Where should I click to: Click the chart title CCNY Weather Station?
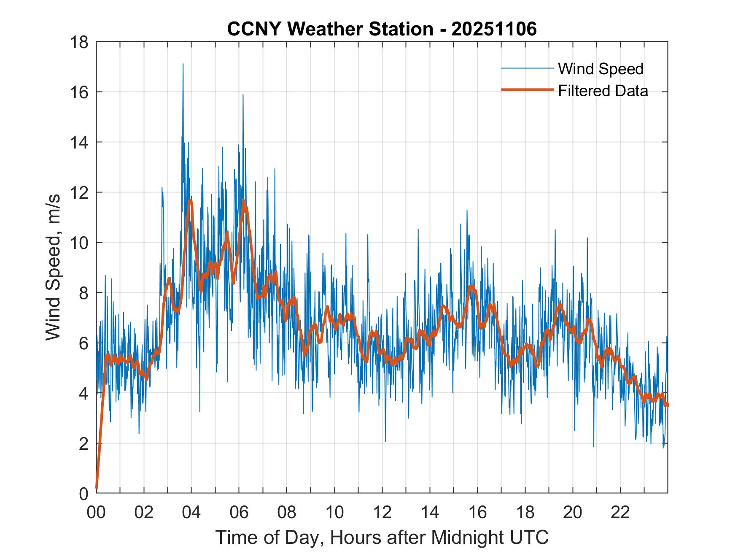tap(330, 29)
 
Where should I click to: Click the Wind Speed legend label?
tap(601, 69)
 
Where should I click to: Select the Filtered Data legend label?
tap(603, 91)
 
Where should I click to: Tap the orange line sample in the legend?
tap(527, 90)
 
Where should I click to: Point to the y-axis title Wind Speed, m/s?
tap(54, 268)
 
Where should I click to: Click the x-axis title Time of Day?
tap(382, 537)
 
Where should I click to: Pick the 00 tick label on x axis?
tap(96, 513)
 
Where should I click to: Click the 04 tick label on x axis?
tap(191, 513)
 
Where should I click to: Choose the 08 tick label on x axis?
tap(287, 513)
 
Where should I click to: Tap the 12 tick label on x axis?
tap(382, 513)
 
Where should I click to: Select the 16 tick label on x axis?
tap(477, 513)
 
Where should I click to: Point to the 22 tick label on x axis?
tap(620, 513)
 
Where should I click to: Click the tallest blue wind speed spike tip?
tap(183, 64)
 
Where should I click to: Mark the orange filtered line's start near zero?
tap(97, 487)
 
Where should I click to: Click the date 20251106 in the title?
tap(494, 29)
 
